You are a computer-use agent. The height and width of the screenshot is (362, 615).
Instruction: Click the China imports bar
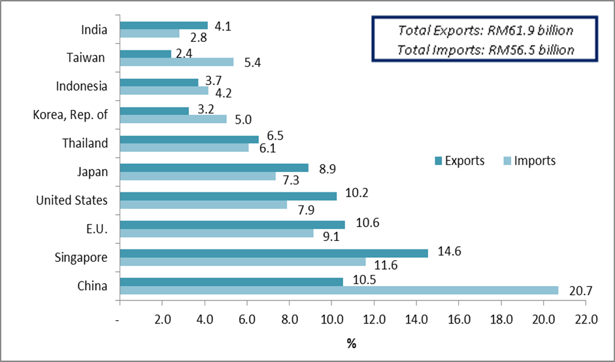pos(339,290)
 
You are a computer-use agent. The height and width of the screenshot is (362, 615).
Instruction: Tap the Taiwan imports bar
pos(176,62)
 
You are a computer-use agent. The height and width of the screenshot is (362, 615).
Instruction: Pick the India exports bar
pos(163,26)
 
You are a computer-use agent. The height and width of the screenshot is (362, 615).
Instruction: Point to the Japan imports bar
pos(197,176)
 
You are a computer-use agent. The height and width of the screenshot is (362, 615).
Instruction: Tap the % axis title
pos(352,342)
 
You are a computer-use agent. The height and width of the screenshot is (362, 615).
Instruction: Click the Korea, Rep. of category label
pos(70,115)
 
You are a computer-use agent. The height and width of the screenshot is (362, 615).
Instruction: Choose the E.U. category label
pos(93,228)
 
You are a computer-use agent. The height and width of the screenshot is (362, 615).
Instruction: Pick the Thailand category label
pos(84,143)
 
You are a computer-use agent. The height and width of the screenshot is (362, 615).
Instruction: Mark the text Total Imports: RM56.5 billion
pos(486,49)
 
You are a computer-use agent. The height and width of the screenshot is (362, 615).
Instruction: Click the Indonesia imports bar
pos(163,90)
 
